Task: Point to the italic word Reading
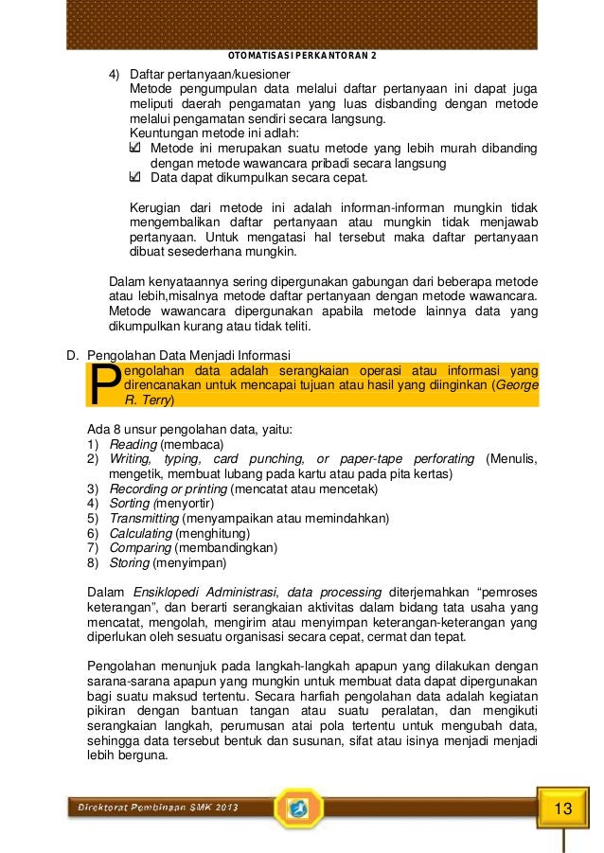pyautogui.click(x=133, y=444)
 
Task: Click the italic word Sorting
pyautogui.click(x=131, y=504)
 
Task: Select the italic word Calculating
pyautogui.click(x=140, y=533)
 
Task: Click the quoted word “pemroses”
pyautogui.click(x=504, y=593)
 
